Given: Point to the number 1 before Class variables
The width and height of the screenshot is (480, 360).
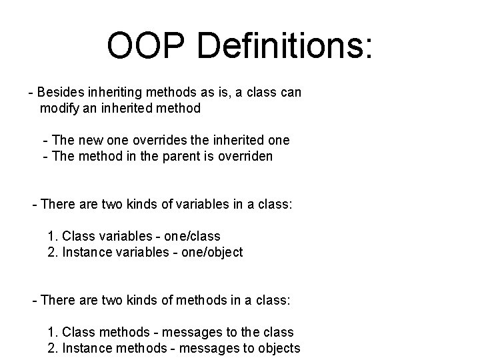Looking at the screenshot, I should point(51,236).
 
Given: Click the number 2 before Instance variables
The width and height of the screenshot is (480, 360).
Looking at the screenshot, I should point(51,252).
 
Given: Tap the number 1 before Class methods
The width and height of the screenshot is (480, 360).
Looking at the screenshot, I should point(51,332).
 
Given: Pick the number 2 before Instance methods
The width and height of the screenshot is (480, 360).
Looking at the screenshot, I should point(51,348).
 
